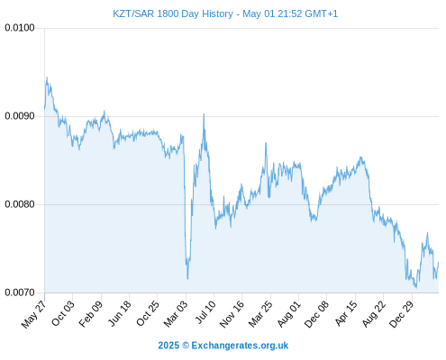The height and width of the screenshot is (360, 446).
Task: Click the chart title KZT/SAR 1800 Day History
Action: click(173, 13)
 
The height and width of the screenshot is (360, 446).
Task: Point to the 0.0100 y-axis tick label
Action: click(20, 28)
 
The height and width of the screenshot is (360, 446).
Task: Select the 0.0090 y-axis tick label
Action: click(20, 116)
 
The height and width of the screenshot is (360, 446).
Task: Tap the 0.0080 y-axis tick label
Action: click(20, 204)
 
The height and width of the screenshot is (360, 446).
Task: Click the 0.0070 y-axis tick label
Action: click(20, 292)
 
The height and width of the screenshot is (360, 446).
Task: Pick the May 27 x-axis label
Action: click(34, 313)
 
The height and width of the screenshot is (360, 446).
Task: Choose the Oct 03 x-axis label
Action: click(62, 313)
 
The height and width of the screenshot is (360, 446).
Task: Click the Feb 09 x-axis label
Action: click(91, 313)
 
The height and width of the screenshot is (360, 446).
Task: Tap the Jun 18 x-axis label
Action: click(119, 313)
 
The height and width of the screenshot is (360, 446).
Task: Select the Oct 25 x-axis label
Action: click(148, 313)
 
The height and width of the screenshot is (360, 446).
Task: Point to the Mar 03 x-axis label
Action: click(176, 313)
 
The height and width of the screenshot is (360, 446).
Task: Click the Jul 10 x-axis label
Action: click(205, 312)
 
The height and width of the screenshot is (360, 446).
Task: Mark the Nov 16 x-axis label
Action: click(232, 314)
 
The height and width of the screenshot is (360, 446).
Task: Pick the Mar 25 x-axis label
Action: click(260, 313)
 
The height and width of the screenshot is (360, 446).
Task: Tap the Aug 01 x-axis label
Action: click(288, 313)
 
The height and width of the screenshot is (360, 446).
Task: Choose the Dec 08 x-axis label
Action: click(316, 314)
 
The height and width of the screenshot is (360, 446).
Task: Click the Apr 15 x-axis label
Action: click(346, 313)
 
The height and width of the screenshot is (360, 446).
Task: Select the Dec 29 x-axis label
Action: click(401, 314)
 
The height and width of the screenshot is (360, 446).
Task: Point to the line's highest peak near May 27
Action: click(47, 77)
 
